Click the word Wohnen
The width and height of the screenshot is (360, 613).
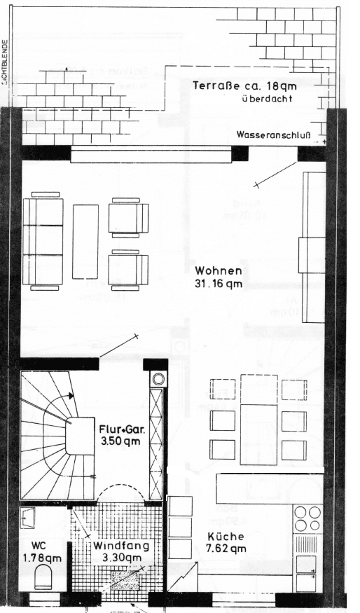pos(219,270)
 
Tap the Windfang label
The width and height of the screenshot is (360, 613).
pos(118,545)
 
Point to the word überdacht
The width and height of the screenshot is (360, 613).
pos(263,99)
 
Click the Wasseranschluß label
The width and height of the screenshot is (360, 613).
pos(272,135)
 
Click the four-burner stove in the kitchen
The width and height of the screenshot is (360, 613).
pos(308,518)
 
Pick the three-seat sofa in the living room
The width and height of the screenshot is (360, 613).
pos(43,242)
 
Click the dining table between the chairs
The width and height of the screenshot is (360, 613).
pos(259,419)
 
